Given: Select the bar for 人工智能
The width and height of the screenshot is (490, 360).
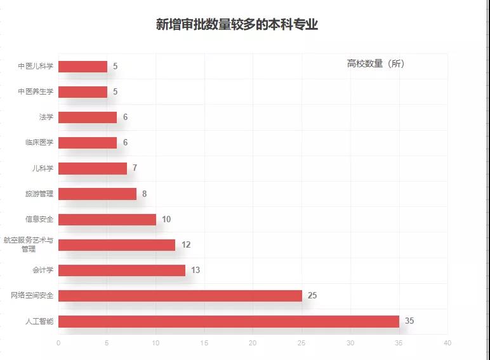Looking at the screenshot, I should pos(228,321).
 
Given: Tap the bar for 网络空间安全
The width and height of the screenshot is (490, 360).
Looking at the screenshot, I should pos(180,295).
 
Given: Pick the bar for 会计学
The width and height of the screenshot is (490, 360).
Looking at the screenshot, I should pos(122,270).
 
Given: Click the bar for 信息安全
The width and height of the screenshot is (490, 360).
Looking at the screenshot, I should pos(107,219).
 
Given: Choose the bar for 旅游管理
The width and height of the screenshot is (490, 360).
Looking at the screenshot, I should pos(97,194).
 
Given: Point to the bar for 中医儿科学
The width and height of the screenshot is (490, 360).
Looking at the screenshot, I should pos(83,66).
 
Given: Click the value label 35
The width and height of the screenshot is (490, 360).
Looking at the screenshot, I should pos(409,321).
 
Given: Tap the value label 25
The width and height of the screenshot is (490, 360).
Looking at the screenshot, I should pos(312,295).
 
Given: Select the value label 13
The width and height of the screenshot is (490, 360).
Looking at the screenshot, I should pos(195,270).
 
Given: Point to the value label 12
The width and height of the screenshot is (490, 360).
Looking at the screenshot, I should pos(185,244).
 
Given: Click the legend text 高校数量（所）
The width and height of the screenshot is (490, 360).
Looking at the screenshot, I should pos(376,63).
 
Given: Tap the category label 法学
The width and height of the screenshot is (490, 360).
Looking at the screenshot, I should pos(46,117).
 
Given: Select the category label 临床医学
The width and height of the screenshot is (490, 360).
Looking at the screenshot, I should pos(39,142).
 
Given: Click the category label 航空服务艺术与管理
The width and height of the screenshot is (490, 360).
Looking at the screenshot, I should pos(29,244).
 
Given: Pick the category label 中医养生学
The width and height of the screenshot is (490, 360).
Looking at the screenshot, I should pos(36,91).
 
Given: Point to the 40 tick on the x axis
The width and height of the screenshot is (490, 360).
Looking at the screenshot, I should pos(447,343).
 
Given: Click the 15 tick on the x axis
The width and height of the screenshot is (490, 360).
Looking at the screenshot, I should pos(204,343).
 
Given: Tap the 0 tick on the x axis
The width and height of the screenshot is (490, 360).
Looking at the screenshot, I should pos(58,343).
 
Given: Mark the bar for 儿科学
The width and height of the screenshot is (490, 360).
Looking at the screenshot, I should pos(93,168).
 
